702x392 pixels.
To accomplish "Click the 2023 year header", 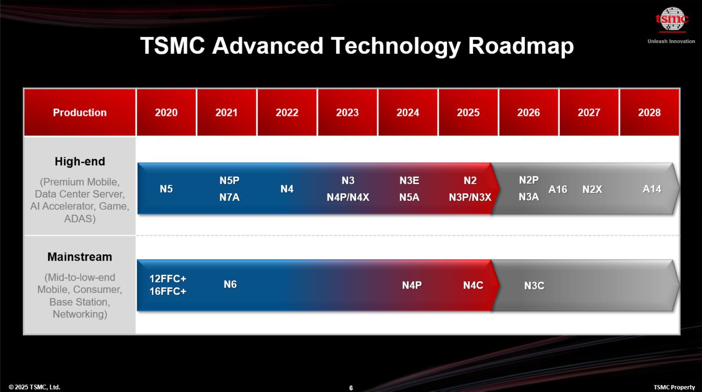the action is point(347,112).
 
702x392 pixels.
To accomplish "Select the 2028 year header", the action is point(649,112).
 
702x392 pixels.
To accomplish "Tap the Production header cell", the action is point(80,112).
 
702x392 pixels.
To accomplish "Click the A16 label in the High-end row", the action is point(557,189).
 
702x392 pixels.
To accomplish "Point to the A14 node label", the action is point(652,189).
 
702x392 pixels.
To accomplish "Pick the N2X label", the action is point(592,189).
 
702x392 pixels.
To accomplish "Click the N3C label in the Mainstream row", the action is point(534,286).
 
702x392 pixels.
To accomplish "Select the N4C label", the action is point(473,285).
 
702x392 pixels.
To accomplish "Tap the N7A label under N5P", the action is point(229,197).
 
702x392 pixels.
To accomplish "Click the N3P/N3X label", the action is point(470,197).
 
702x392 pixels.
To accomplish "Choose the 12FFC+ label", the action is point(168,278).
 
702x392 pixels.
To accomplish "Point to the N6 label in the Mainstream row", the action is point(230,284).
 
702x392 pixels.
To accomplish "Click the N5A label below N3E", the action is point(409,197).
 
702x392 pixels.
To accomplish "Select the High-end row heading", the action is point(80,161).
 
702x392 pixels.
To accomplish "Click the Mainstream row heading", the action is point(80,257).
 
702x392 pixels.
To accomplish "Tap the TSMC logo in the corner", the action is point(672,19).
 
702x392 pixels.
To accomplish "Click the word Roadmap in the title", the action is point(521,46).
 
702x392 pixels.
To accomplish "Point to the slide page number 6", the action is point(351,388).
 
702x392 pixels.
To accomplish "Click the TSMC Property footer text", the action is point(674,387).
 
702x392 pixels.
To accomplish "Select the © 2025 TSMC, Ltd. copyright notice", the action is point(34,387).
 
